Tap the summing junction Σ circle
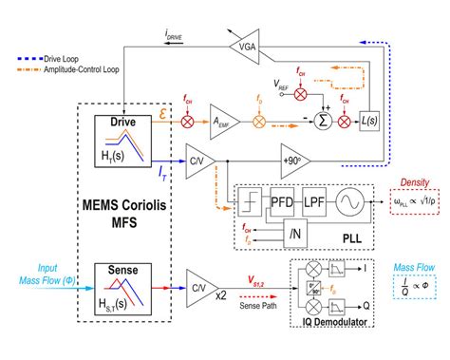323,122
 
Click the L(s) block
366,122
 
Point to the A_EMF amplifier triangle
221,122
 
